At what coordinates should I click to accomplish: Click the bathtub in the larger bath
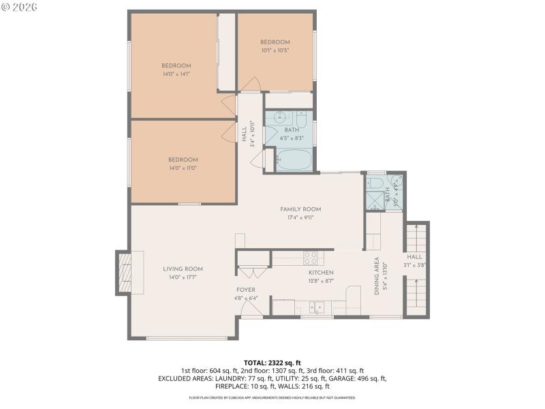point(294,160)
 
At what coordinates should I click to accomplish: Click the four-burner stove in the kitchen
point(310,258)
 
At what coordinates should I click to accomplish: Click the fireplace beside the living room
point(125,273)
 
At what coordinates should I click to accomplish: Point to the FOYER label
point(246,290)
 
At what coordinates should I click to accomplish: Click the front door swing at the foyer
point(252,312)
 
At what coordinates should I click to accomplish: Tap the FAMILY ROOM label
point(300,209)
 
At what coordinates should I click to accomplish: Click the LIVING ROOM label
point(183,269)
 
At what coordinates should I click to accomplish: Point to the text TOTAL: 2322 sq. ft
point(272,363)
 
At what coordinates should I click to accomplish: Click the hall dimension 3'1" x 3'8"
point(415,265)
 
